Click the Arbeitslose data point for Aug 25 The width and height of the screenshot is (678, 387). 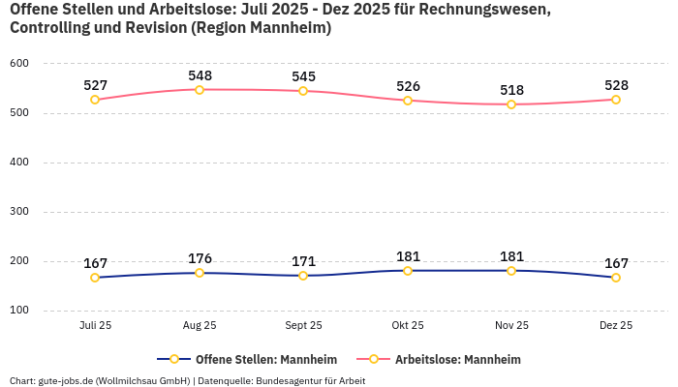click(200, 90)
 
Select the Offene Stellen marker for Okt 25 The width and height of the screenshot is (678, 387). click(408, 271)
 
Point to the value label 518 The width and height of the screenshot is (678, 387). click(511, 90)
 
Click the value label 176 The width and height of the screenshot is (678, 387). click(200, 258)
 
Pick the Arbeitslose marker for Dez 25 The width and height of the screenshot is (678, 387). click(616, 100)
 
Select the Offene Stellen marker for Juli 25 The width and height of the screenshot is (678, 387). click(95, 278)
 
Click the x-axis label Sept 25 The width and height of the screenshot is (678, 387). click(303, 326)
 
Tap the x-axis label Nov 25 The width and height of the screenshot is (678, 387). click(511, 326)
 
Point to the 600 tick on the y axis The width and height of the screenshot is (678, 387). click(19, 64)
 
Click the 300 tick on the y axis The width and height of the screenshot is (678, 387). click(19, 212)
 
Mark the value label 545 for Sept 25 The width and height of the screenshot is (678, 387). click(303, 76)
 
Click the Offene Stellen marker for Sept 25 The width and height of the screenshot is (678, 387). click(303, 276)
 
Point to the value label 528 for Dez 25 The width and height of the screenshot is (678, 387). click(616, 85)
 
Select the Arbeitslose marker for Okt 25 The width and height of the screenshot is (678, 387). click(408, 101)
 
